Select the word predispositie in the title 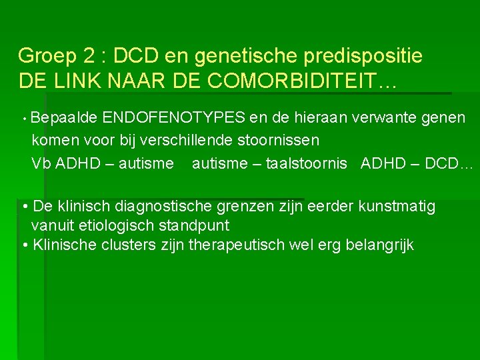coord(366,56)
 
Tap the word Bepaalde coord(63,119)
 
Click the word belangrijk coord(379,245)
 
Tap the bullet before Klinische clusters coord(24,245)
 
